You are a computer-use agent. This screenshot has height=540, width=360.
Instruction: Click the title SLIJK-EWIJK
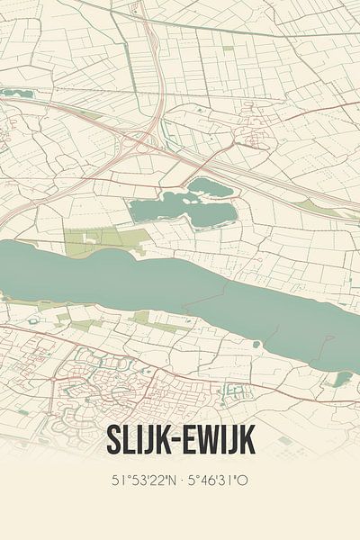(180, 440)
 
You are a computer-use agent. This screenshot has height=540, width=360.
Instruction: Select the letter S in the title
(114, 440)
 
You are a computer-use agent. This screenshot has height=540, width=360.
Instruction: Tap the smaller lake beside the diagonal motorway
(209, 187)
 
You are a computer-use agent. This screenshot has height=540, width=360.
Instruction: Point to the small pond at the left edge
(16, 94)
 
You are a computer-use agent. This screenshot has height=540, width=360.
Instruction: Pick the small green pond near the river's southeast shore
(341, 379)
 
